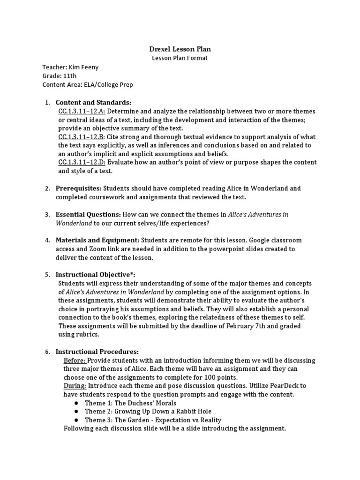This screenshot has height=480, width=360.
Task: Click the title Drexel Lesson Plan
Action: pos(180,49)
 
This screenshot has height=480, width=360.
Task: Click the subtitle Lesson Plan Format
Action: pos(180,58)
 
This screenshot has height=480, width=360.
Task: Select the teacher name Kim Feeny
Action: pos(85,67)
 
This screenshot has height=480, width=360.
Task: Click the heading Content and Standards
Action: pos(93,103)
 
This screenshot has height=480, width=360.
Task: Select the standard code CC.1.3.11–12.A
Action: pos(82,111)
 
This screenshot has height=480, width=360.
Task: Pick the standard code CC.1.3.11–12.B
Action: pos(82,137)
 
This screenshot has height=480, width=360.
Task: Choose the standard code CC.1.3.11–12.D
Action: pos(82,162)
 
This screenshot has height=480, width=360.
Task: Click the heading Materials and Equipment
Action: pos(97,240)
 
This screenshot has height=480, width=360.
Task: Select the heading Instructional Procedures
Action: pos(97,352)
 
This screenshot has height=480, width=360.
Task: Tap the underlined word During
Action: pos(75,386)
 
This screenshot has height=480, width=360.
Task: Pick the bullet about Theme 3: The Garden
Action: pos(153,420)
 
